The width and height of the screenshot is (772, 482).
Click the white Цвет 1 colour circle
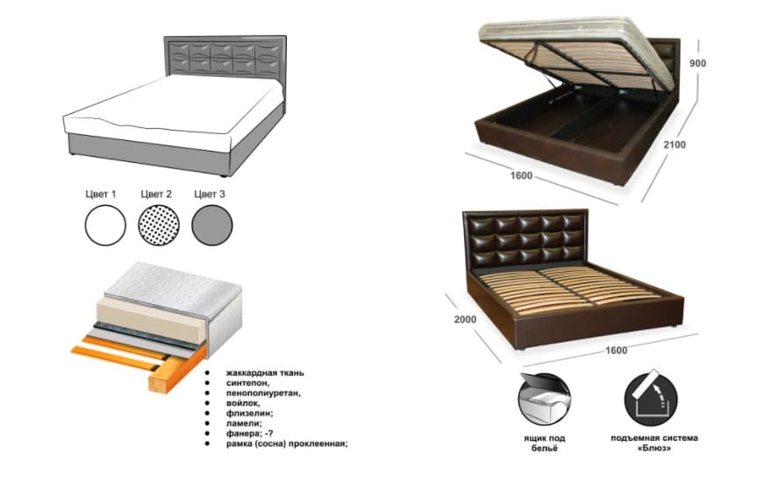tap(106, 225)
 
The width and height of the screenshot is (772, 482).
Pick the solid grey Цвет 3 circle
tap(213, 225)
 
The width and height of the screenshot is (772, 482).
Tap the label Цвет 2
tap(157, 194)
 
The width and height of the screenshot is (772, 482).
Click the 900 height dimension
tap(697, 63)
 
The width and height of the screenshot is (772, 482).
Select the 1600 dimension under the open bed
tap(520, 176)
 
